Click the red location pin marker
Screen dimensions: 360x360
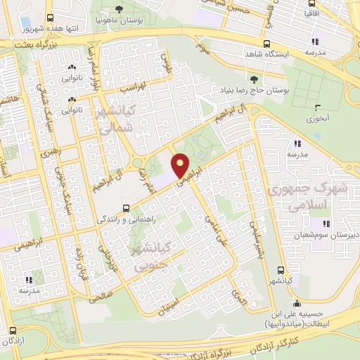click(181, 165)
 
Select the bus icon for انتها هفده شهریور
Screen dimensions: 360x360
click(50, 18)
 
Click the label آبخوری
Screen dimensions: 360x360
click(317, 120)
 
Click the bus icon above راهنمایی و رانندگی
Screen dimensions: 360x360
click(126, 207)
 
